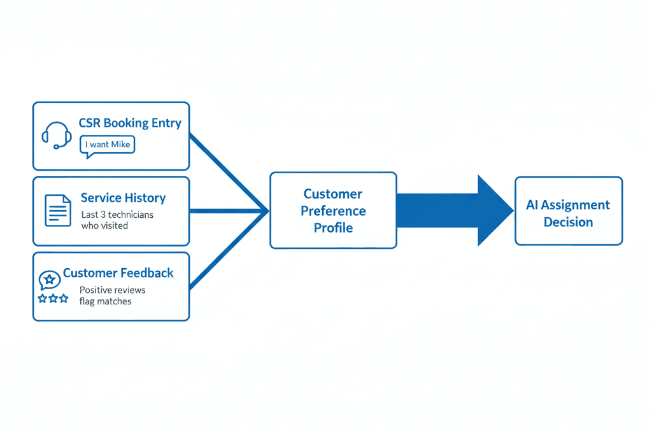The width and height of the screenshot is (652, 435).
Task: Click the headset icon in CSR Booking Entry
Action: coord(56,135)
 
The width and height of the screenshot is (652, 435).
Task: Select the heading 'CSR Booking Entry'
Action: coord(130,123)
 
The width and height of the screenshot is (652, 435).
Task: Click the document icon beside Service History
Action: coord(58,210)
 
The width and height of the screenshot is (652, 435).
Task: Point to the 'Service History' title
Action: coord(123,198)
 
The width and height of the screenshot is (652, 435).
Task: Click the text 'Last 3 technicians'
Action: coord(117,215)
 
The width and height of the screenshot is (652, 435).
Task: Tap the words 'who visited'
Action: coord(104,225)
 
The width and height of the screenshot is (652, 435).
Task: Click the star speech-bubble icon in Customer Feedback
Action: coord(49,280)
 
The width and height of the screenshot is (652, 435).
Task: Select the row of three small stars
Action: coord(53,297)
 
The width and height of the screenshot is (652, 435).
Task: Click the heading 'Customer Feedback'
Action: coord(118,273)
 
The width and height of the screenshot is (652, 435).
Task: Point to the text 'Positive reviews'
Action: coord(112,290)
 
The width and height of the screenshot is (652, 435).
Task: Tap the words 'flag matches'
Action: coord(105,301)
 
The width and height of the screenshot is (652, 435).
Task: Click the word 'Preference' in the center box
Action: coord(333,211)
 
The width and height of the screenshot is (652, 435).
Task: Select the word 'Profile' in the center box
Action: coord(333,227)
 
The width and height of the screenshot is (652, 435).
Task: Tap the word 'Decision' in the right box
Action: coord(568,222)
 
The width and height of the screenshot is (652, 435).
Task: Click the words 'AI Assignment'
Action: coord(568,205)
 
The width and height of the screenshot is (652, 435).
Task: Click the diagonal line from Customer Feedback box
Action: coord(228,249)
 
